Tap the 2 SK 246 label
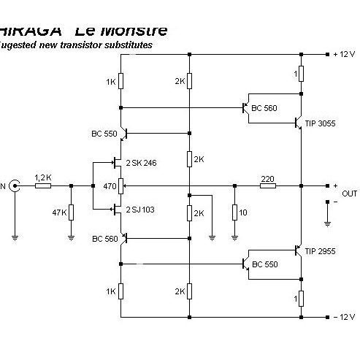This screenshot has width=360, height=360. click(142, 162)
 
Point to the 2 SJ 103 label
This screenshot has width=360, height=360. click(141, 210)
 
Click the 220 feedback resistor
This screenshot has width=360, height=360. click(267, 185)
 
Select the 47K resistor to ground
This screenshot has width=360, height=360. click(71, 212)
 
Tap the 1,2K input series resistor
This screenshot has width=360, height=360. click(43, 185)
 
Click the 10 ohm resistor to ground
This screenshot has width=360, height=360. click(234, 212)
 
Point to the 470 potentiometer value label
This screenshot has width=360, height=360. click(110, 186)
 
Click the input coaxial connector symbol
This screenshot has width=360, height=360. click(14, 185)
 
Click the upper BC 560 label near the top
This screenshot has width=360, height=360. click(264, 108)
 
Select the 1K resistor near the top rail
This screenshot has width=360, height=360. click(121, 83)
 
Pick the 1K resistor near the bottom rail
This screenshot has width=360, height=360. click(121, 291)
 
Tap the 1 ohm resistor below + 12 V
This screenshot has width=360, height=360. click(301, 74)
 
